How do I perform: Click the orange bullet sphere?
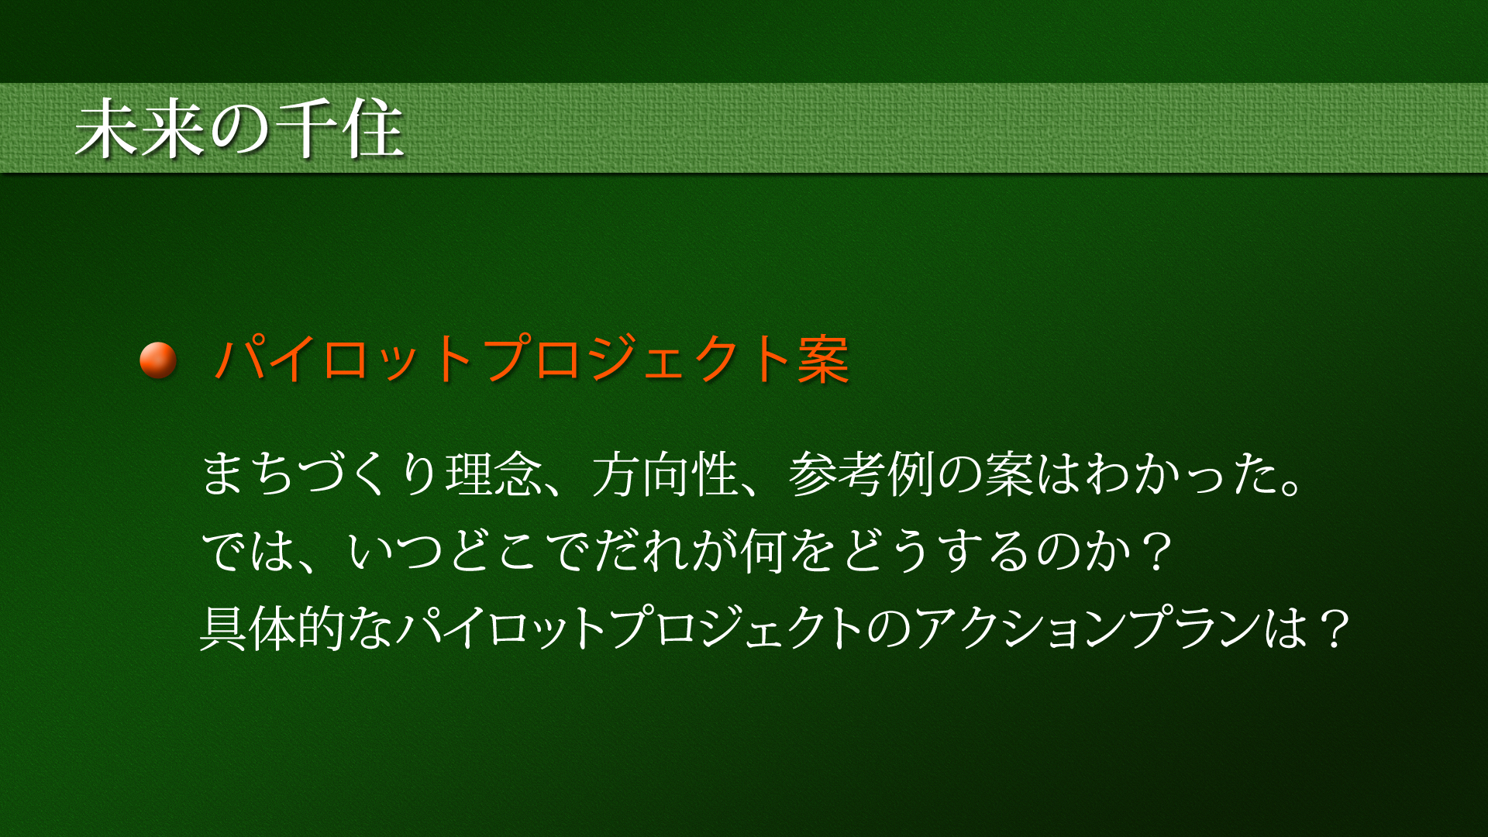click(x=158, y=360)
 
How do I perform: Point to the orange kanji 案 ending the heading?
click(x=824, y=360)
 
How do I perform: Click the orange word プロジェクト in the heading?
click(x=638, y=359)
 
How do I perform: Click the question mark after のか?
click(x=1158, y=551)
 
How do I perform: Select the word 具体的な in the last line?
click(x=297, y=628)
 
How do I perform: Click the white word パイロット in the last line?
click(x=501, y=628)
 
